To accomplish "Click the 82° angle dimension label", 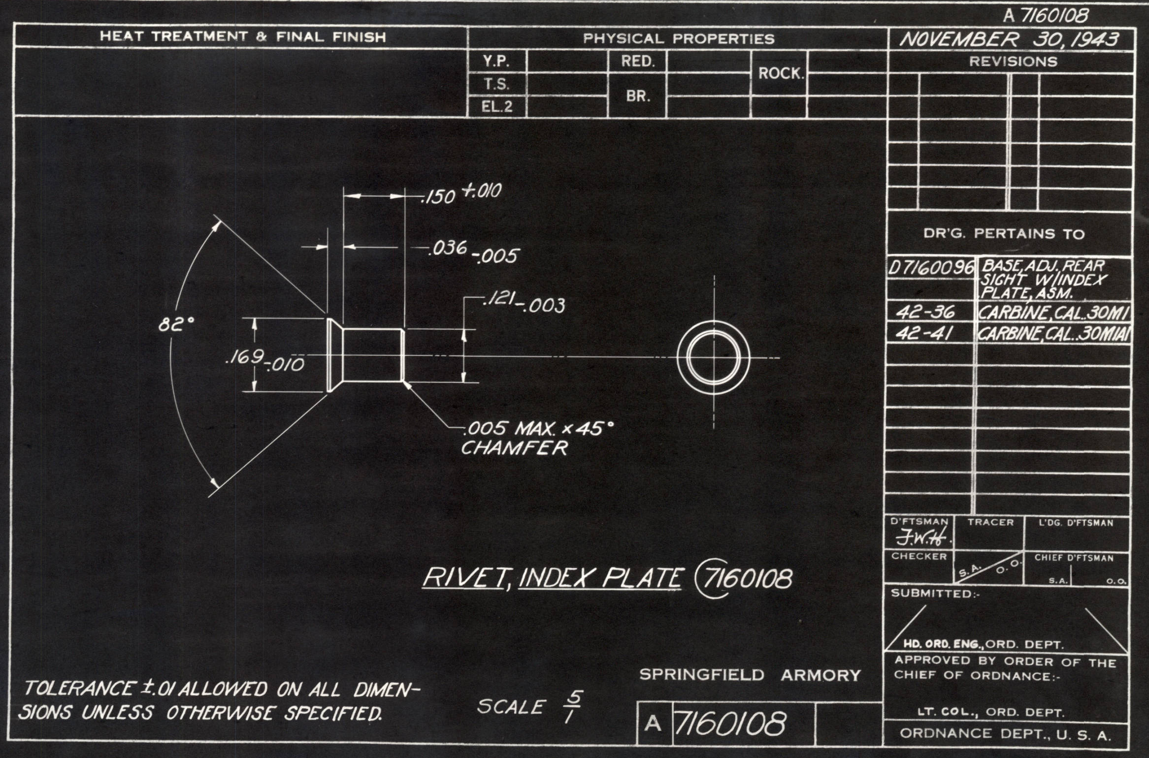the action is coord(176,324).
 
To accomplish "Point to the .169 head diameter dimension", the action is coord(264,360).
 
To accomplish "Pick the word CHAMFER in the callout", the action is coord(514,448).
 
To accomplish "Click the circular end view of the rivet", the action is coord(714,357).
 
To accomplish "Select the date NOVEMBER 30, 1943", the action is coord(1009,39).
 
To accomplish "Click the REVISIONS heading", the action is coord(1013,62).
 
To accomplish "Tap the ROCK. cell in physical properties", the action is coord(781,74).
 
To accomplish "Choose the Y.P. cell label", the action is coord(496,62).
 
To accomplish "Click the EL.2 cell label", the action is coord(497,107).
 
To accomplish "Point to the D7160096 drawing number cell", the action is coord(931,268).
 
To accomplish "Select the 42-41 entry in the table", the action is coord(925,334).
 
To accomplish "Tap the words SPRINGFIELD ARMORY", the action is coord(750,675).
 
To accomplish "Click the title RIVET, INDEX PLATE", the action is coord(553,578).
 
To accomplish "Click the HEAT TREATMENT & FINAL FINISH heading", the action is coord(243,36).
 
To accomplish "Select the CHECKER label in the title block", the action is coord(919,556).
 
